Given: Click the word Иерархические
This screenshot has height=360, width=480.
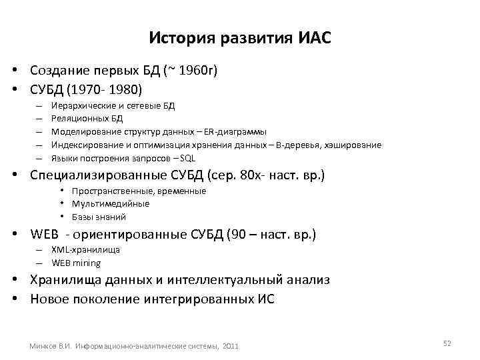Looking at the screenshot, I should point(79,105).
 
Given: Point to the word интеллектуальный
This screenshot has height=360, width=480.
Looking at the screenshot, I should point(227,281).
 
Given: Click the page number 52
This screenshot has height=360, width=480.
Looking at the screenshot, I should point(447,343).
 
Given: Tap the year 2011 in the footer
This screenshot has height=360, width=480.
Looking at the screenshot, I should point(229,346).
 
